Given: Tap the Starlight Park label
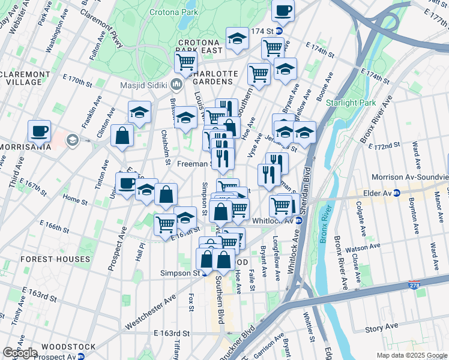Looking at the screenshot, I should coord(351,103).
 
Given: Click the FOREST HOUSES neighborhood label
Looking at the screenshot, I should coord(55,259).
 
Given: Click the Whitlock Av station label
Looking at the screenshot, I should coord(273,220).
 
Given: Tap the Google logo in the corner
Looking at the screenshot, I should coord(20,353).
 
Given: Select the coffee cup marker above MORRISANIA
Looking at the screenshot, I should coord(40,130).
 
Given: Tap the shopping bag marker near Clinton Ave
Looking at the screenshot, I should coord(122,136).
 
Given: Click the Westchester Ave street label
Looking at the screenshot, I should coord(150,312).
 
